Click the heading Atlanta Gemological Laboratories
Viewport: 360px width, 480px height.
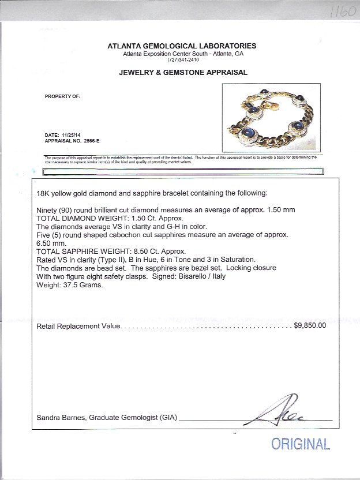182,46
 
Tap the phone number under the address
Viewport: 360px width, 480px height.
182,59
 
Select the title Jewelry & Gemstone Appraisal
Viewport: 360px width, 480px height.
183,73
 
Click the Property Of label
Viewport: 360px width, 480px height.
62,96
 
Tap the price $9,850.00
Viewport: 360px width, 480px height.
310,325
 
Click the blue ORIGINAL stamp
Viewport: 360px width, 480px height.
300,444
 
